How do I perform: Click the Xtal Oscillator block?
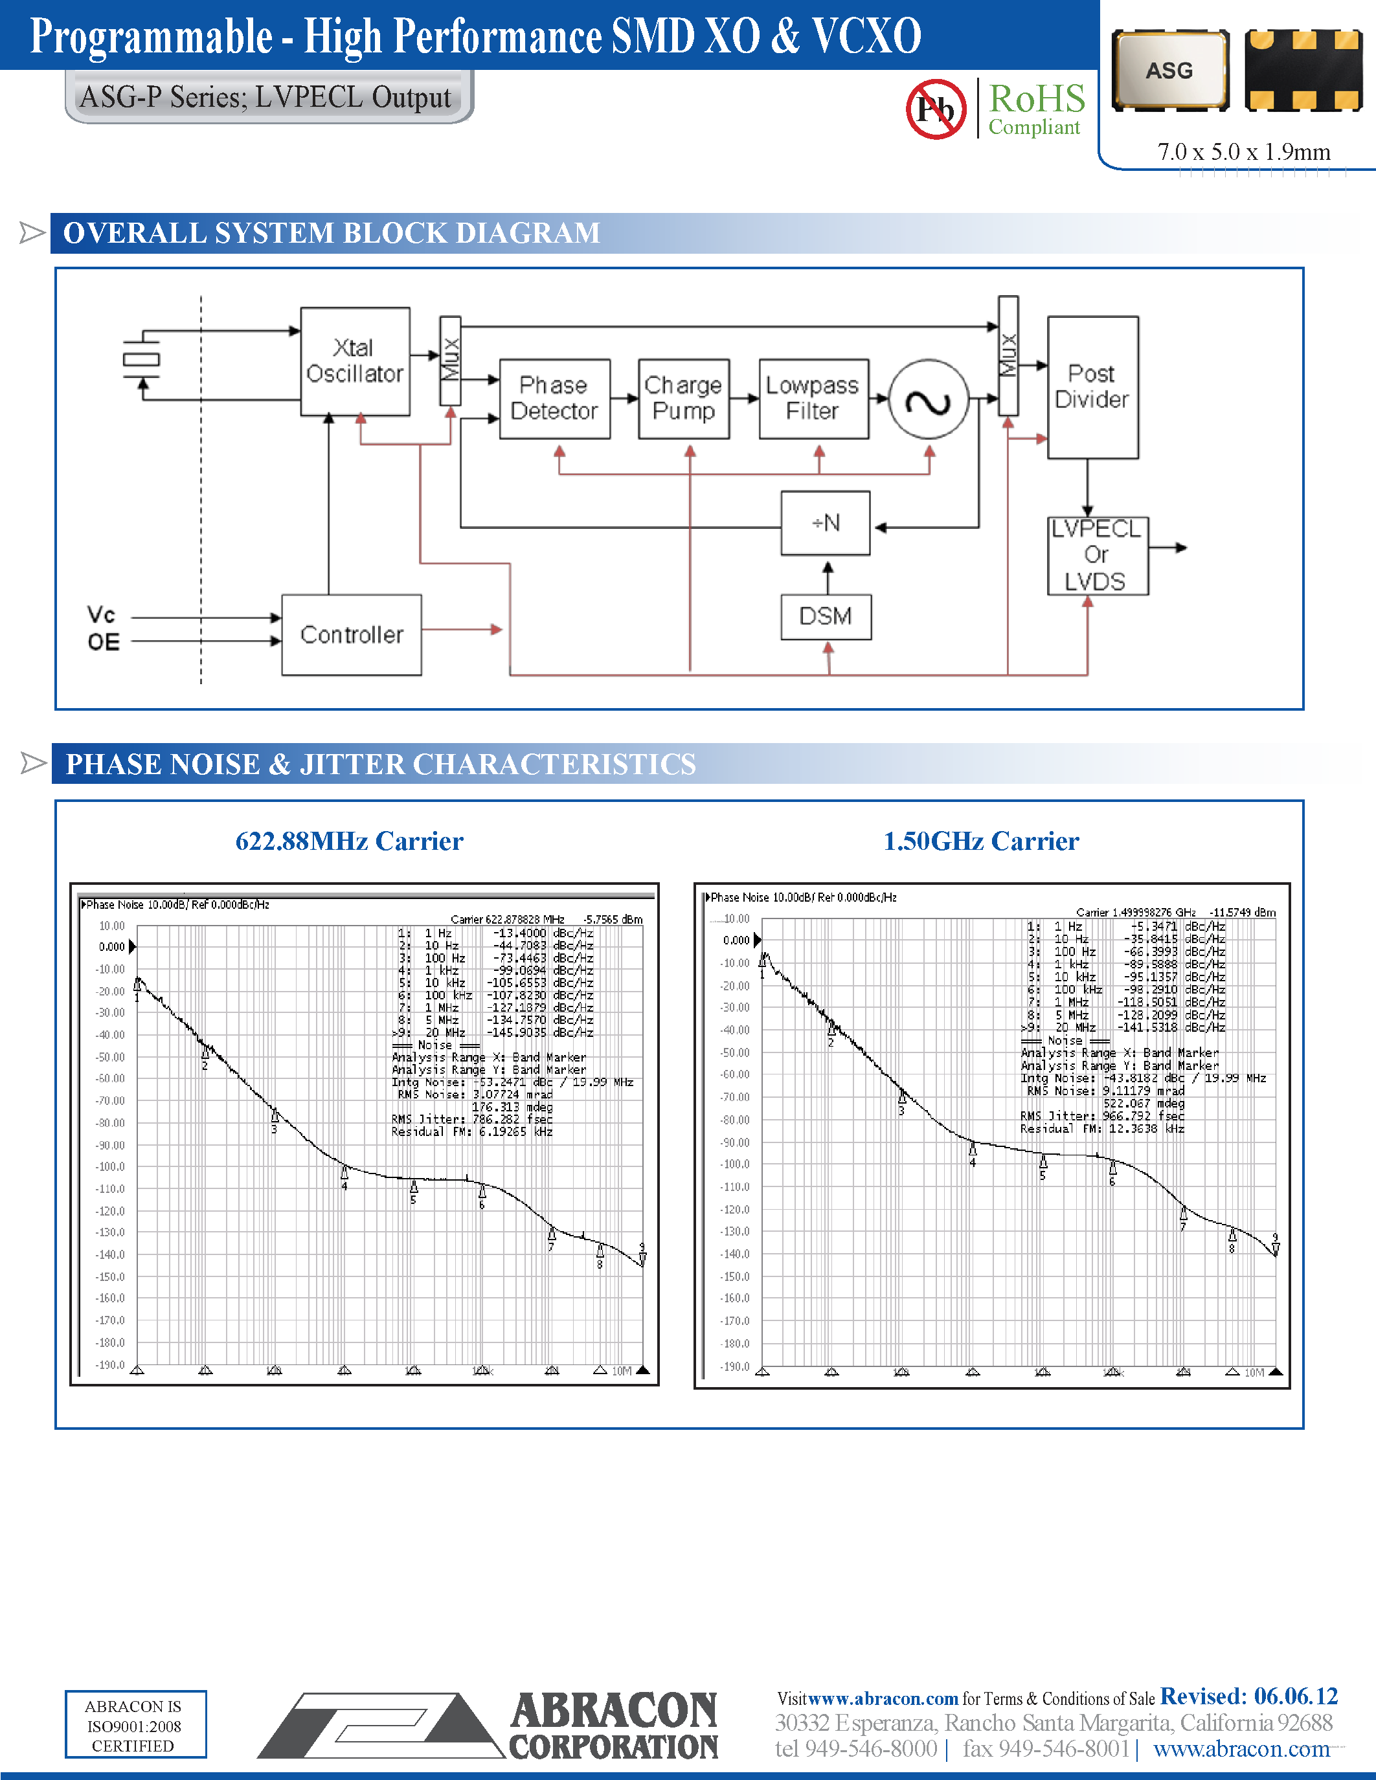(355, 361)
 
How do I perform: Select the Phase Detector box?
(554, 399)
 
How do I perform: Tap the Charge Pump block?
(683, 399)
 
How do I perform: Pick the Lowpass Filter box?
(813, 399)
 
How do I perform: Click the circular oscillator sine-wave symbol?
(929, 400)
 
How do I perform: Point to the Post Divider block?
(1092, 387)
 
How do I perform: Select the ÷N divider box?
(825, 523)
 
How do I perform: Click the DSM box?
(826, 617)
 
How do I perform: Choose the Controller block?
(352, 635)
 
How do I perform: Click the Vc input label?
(101, 614)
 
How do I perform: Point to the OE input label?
(104, 642)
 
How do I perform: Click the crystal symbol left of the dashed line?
(141, 359)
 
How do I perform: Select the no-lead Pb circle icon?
(935, 108)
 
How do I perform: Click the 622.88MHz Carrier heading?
(349, 841)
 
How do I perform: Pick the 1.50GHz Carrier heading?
(980, 841)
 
